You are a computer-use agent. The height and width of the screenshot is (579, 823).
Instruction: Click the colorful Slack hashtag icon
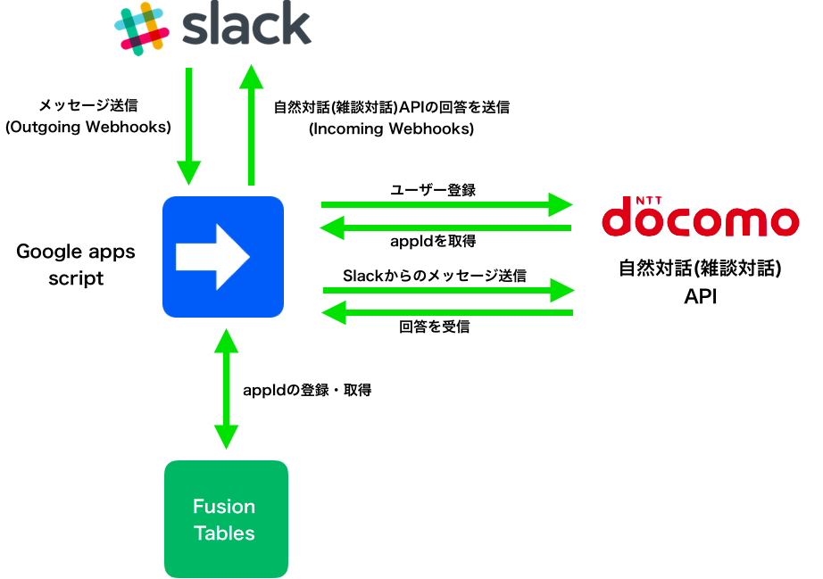[142, 29]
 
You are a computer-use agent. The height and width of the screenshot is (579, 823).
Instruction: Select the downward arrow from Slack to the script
[188, 127]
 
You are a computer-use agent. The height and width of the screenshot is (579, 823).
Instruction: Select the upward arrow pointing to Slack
[252, 125]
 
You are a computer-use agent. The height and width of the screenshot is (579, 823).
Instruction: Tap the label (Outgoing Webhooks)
[88, 127]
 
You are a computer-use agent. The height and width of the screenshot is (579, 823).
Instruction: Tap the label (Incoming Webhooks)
[391, 128]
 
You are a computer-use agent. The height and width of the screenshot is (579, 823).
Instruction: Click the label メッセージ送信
[88, 105]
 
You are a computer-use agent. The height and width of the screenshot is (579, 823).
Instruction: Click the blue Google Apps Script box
[223, 257]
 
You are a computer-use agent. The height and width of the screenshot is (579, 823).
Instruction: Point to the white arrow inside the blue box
[212, 257]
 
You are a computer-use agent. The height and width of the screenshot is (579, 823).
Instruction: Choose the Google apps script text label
[76, 265]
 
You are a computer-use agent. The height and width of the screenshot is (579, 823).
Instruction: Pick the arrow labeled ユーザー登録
[446, 204]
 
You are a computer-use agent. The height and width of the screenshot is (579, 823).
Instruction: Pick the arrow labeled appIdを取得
[445, 227]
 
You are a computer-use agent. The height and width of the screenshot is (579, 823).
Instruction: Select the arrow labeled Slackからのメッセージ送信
[449, 290]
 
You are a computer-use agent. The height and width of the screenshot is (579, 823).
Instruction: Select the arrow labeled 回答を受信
[446, 312]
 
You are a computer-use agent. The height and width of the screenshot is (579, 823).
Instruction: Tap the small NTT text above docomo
[649, 201]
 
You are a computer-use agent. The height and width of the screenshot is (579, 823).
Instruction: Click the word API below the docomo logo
[700, 296]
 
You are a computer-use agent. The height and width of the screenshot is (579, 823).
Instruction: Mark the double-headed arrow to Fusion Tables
[226, 389]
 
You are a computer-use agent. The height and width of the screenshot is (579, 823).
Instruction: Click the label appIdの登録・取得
[307, 390]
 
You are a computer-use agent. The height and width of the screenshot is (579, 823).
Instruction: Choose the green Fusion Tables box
[226, 519]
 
